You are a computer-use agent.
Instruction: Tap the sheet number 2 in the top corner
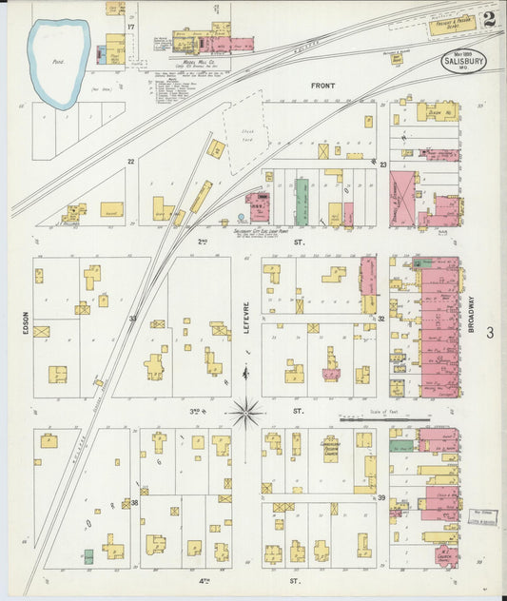[x=489, y=19]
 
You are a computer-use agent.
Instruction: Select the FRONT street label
[x=323, y=87]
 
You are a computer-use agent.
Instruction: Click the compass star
[x=245, y=413]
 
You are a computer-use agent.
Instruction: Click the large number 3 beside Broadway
[x=490, y=332]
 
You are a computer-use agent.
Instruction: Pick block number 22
[x=131, y=162]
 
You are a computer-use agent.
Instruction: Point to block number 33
[x=133, y=319]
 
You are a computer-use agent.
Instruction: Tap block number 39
[x=380, y=497]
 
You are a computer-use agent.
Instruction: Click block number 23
[x=382, y=165]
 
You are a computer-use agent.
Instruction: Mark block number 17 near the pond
[x=130, y=27]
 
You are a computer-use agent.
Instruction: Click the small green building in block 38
[x=88, y=554]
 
